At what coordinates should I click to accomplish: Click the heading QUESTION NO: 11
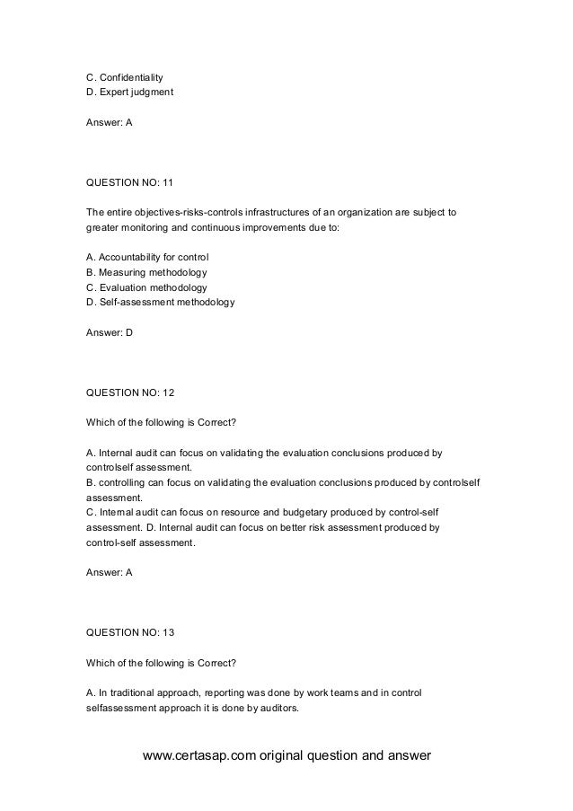[129, 183]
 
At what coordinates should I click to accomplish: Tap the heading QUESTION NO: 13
[129, 632]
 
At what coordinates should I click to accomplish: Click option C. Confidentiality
[124, 76]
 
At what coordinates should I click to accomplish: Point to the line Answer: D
[109, 332]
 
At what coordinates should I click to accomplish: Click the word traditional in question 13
[136, 694]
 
